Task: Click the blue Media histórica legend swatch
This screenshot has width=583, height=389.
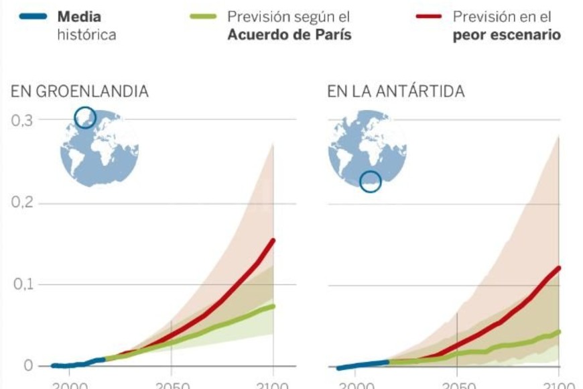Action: (x=31, y=17)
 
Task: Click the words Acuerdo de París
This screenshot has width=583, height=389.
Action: (x=289, y=34)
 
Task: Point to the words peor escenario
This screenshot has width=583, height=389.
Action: (x=506, y=34)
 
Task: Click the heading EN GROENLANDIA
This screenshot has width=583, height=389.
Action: (x=79, y=92)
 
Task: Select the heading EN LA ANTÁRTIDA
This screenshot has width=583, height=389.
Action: (x=395, y=92)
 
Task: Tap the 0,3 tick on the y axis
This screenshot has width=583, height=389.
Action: (x=23, y=121)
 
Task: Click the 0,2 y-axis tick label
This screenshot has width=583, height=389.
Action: (x=23, y=203)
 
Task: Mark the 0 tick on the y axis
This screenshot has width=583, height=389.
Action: (x=27, y=366)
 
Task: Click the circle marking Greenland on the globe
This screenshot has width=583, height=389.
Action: (x=85, y=117)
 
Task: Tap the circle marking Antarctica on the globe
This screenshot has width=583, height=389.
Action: (x=370, y=181)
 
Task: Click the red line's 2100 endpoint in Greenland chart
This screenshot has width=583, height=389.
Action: (x=273, y=241)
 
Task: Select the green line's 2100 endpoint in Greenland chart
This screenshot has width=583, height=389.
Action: (x=273, y=307)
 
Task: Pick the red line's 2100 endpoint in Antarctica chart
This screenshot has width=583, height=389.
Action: (x=558, y=268)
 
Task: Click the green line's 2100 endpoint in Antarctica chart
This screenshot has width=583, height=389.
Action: (x=558, y=331)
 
